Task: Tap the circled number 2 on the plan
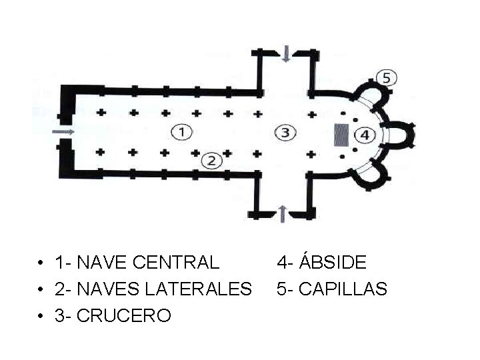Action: [211, 160]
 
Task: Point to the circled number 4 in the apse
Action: [365, 135]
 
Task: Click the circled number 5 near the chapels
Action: [386, 77]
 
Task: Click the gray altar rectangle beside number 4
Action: [341, 135]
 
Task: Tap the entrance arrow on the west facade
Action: [63, 132]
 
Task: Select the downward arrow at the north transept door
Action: [286, 54]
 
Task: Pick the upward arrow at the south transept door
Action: [283, 213]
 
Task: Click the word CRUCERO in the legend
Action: [124, 315]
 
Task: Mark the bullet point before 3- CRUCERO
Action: [41, 316]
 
